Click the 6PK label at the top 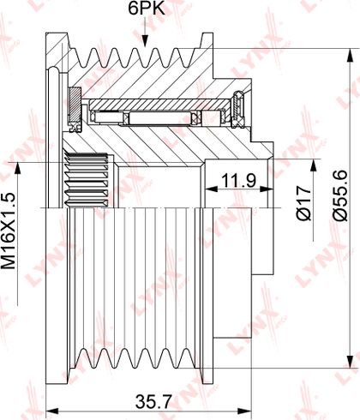tap(147, 9)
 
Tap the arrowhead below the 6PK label tap(146, 41)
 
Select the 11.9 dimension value tap(238, 181)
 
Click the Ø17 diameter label tap(303, 203)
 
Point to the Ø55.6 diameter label tap(340, 195)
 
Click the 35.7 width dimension tap(153, 402)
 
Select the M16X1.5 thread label tap(9, 231)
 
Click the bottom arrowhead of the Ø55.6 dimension tap(349, 362)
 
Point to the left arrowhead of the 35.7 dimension tap(52, 411)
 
